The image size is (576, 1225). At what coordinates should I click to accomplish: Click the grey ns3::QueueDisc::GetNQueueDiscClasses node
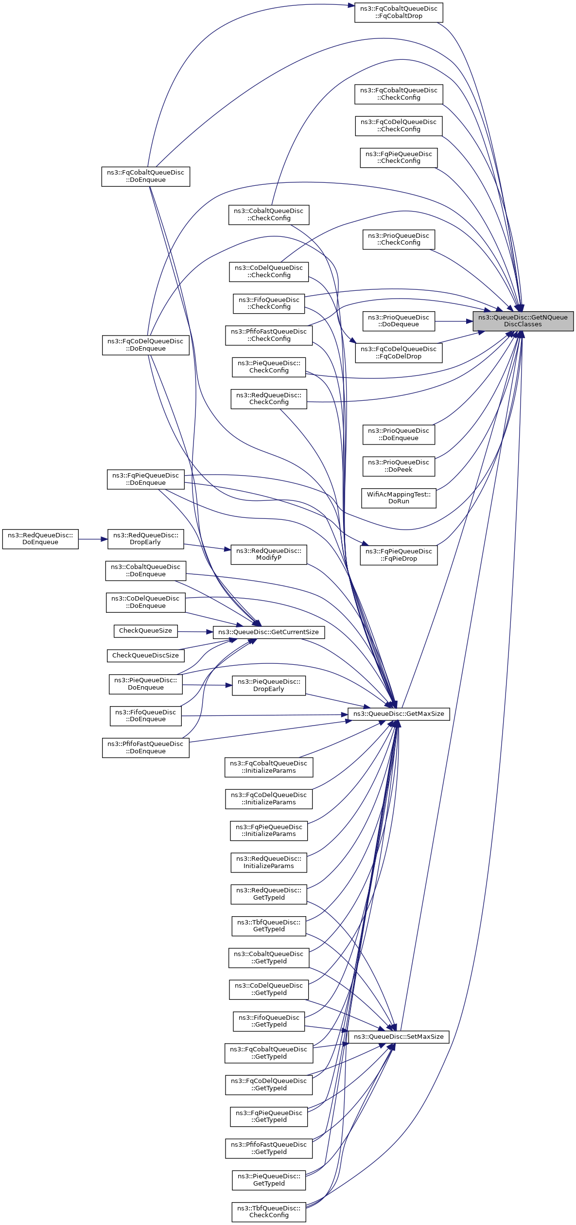(x=523, y=321)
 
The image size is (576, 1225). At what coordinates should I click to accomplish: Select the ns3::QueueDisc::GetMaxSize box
(x=399, y=714)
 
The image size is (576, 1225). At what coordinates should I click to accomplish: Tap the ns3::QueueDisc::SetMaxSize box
(x=399, y=1037)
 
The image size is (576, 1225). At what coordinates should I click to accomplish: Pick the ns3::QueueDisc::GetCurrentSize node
(x=268, y=632)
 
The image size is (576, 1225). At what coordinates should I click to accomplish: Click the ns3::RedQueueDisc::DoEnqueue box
(x=40, y=539)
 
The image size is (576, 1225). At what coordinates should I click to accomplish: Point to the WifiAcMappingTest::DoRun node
(x=399, y=498)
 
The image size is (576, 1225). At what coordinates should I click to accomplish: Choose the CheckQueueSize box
(x=145, y=631)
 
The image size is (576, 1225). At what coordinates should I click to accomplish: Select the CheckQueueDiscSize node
(x=145, y=656)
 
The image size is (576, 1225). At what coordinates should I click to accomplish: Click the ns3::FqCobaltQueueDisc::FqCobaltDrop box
(x=399, y=12)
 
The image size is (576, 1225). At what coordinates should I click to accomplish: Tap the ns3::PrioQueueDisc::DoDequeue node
(x=399, y=321)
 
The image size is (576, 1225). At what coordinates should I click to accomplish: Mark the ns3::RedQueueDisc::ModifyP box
(x=268, y=554)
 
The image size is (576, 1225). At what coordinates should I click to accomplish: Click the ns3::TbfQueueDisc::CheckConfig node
(x=268, y=1211)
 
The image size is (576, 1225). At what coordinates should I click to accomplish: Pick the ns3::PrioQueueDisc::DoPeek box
(x=399, y=466)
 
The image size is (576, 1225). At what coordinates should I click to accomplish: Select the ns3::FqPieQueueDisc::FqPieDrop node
(x=399, y=555)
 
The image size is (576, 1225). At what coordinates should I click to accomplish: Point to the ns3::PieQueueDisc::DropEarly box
(x=268, y=685)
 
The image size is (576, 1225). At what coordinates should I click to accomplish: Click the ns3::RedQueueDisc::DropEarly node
(x=145, y=539)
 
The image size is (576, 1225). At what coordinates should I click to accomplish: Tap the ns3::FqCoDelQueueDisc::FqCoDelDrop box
(x=399, y=353)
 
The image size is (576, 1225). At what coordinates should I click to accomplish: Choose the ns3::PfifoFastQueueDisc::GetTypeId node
(x=268, y=1148)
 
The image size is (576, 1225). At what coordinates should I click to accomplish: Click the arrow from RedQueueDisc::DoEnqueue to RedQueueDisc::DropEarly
(x=93, y=539)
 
